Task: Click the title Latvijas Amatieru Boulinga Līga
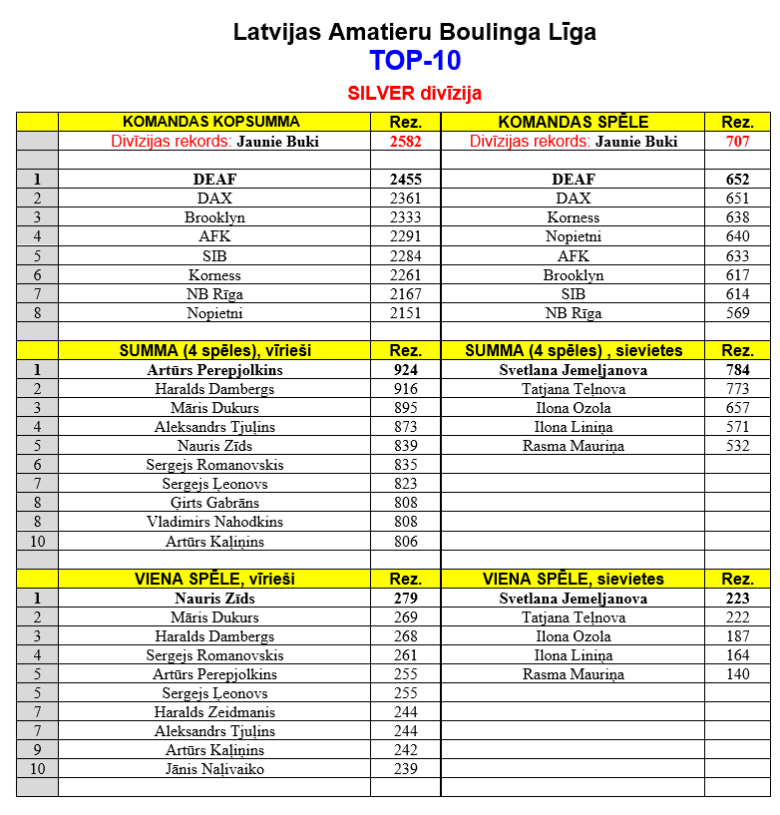(x=414, y=32)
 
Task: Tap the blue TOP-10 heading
(x=414, y=61)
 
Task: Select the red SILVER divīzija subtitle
(x=414, y=93)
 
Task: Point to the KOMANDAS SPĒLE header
(x=573, y=122)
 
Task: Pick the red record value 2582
(x=405, y=142)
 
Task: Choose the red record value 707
(x=737, y=142)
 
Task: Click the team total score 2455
(x=405, y=180)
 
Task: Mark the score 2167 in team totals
(x=405, y=294)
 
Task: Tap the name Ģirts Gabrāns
(x=214, y=503)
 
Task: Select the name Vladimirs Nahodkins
(x=214, y=522)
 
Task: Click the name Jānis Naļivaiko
(x=214, y=769)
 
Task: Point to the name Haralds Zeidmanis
(x=214, y=712)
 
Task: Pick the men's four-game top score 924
(x=405, y=370)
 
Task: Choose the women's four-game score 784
(x=737, y=370)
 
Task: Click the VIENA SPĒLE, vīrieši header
(x=214, y=579)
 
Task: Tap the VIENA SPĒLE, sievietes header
(x=573, y=579)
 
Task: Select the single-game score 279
(x=405, y=599)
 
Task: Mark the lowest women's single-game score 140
(x=737, y=674)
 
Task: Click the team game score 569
(x=737, y=313)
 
